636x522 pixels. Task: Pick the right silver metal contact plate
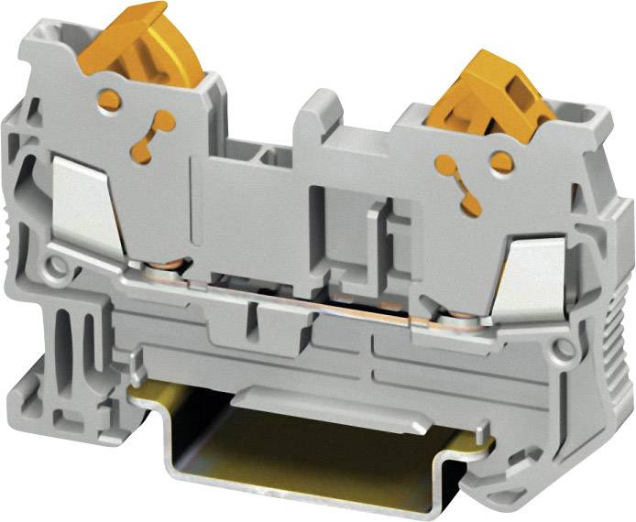click(x=535, y=269)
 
